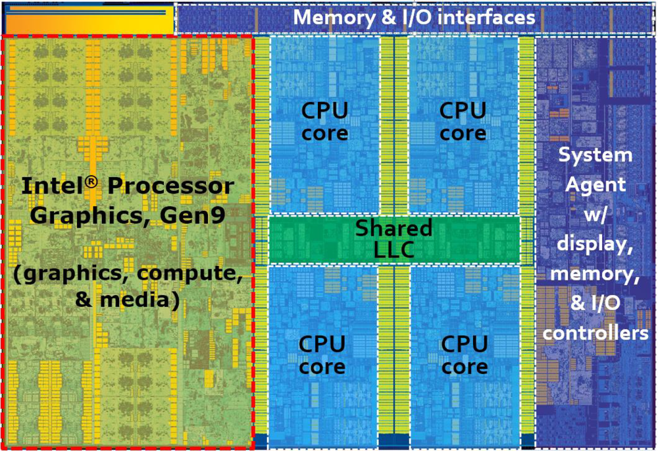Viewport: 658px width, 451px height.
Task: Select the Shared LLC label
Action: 394,239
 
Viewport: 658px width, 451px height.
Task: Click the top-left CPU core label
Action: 324,122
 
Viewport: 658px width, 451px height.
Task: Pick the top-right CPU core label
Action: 463,122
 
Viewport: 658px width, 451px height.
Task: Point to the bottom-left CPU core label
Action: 322,355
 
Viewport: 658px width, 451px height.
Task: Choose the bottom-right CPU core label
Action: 465,355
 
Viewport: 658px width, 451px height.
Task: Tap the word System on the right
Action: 595,155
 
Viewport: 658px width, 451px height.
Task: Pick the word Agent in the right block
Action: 595,185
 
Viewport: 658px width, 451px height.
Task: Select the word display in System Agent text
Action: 595,244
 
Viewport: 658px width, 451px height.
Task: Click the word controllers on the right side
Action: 595,333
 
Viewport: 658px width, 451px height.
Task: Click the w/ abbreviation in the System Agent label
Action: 594,215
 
